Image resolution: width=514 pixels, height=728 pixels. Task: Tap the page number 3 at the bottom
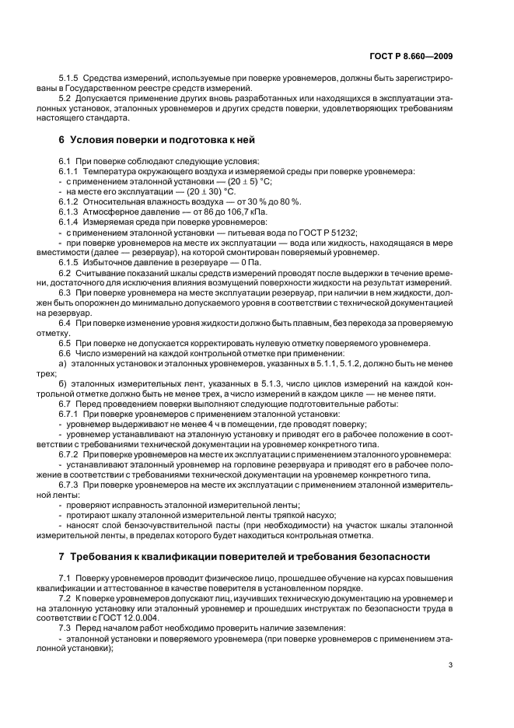pos(451,665)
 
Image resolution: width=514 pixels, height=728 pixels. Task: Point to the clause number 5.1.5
pos(70,80)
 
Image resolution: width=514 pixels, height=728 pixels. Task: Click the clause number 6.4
pos(65,322)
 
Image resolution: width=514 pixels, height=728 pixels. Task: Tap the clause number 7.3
pos(65,627)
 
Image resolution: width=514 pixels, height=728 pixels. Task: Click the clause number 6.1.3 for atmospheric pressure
pos(70,211)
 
